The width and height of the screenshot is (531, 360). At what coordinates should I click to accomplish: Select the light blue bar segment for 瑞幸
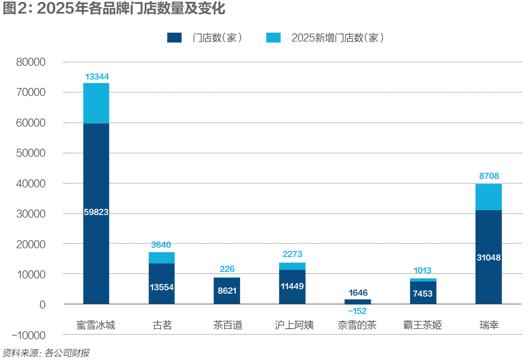[488, 197]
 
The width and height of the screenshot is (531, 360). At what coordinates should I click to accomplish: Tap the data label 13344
[97, 77]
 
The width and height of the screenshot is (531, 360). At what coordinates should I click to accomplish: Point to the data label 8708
[488, 176]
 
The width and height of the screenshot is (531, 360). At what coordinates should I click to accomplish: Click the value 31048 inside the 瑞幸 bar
[488, 257]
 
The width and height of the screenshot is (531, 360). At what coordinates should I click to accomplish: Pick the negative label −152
[357, 311]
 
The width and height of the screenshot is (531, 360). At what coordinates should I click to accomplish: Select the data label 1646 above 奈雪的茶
[357, 293]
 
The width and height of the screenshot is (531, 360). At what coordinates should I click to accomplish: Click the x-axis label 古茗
[161, 325]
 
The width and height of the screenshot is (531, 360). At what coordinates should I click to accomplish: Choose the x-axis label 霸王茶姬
[423, 325]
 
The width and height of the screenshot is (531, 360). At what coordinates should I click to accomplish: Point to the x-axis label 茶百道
[227, 325]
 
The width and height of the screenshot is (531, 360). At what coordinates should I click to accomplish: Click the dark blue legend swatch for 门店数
[175, 38]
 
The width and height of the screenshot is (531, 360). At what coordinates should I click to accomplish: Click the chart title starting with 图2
[114, 9]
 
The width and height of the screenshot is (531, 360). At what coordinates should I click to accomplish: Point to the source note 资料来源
[46, 353]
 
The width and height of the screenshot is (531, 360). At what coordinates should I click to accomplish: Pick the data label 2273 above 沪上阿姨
[292, 255]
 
